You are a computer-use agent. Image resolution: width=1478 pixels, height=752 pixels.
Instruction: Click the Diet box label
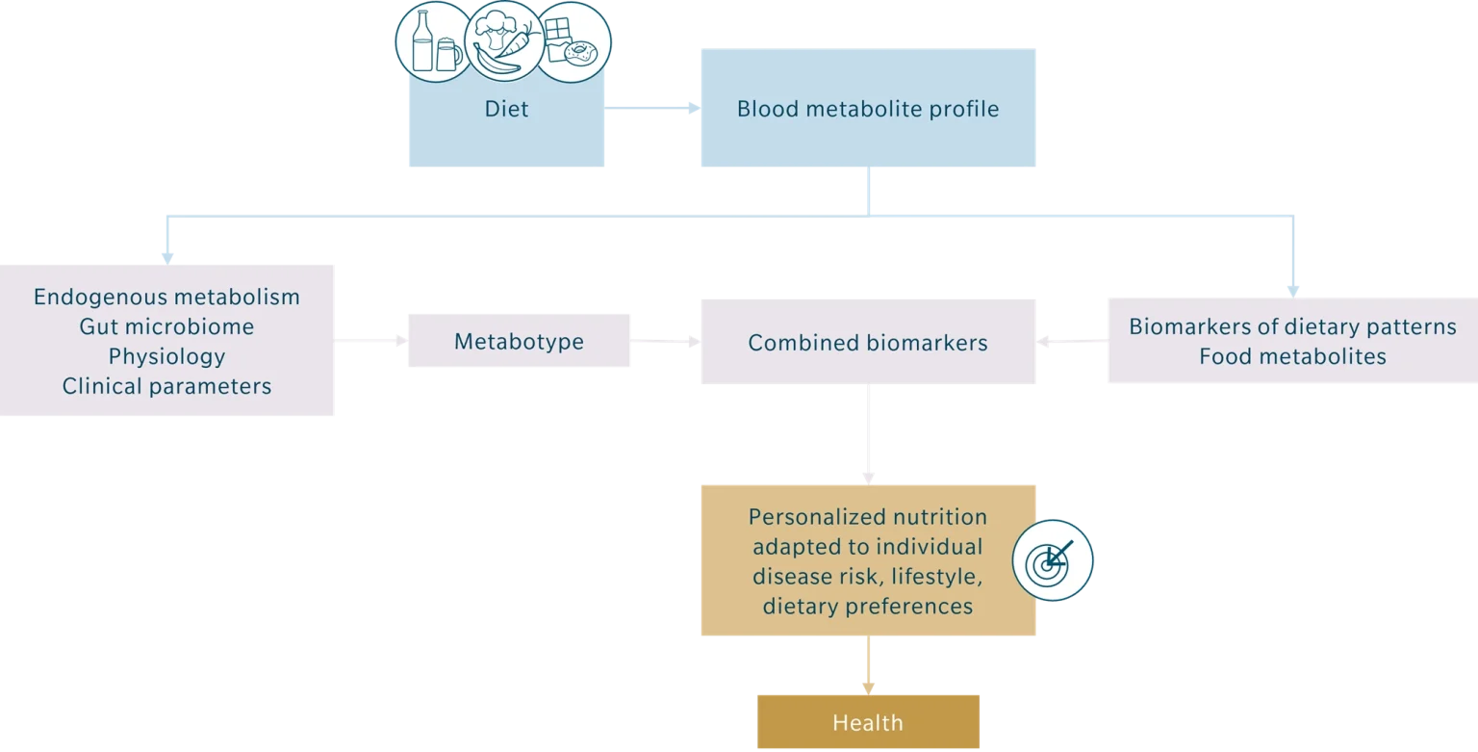506,109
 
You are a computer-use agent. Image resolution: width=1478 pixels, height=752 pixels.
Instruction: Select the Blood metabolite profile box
868,109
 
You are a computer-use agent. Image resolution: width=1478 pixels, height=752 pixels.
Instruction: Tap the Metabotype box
518,341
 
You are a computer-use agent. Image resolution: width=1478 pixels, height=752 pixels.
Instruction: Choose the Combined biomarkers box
868,342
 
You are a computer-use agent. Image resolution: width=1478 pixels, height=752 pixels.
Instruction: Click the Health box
868,722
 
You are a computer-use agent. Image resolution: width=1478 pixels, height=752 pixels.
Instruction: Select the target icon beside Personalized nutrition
1053,559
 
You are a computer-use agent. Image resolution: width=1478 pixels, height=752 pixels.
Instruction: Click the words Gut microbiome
166,326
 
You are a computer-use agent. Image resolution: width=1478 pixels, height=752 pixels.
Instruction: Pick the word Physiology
166,356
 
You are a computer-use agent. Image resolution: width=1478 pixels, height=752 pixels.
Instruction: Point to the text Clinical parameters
166,386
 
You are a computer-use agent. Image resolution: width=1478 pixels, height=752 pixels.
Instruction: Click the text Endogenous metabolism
166,297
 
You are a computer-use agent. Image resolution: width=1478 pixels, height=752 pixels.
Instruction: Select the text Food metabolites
1292,356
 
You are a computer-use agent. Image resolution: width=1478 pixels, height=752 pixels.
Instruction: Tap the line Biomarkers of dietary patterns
1292,326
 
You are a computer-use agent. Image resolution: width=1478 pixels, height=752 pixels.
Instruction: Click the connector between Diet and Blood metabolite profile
653,108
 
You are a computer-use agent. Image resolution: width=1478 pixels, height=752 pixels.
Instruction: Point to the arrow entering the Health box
870,666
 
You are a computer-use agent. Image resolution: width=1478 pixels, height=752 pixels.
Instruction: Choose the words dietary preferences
868,607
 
